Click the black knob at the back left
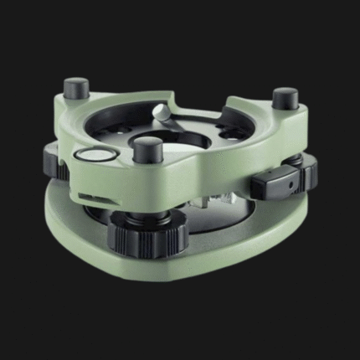pos(76,87)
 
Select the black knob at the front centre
pos(147,152)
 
